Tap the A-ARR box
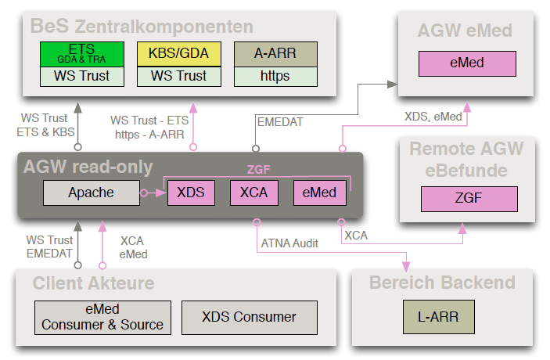point(275,53)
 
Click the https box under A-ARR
point(275,76)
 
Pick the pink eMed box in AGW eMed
point(467,63)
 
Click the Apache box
point(91,193)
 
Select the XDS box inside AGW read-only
point(190,193)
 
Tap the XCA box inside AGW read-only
point(253,193)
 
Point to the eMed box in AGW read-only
point(315,193)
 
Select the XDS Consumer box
point(249,317)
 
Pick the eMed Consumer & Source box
point(102,317)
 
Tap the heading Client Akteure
point(93,283)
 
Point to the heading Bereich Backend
point(442,283)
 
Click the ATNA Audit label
point(289,243)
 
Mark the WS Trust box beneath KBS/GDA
point(179,76)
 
